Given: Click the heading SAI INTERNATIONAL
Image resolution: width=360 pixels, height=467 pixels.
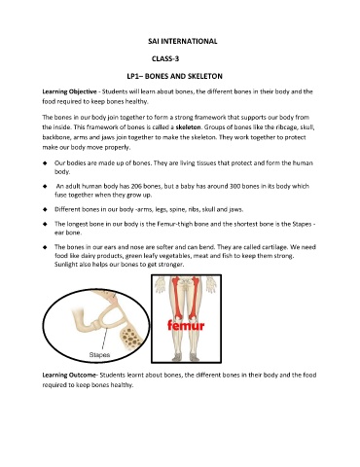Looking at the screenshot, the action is [183, 41].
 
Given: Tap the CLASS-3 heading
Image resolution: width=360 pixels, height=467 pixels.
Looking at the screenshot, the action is [165, 58].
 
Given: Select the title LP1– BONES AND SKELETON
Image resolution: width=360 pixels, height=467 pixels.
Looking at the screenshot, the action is [174, 76].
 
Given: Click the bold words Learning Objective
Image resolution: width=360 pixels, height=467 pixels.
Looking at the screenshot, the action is [69, 91].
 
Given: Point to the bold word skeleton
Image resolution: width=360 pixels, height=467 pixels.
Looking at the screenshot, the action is [188, 127].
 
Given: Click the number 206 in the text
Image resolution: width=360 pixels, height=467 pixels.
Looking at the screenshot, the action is [136, 186].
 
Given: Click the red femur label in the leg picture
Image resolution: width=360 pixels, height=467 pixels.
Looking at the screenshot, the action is [186, 325].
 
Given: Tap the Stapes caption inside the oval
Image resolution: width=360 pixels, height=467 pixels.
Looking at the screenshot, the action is [99, 355].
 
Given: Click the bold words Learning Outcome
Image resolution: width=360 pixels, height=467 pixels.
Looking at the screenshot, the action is [69, 376].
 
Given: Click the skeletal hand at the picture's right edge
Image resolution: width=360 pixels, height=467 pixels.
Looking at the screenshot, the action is [211, 284].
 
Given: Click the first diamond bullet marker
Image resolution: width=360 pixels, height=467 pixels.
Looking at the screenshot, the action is [45, 163].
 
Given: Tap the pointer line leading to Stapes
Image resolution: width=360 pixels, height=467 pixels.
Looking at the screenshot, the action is [104, 340].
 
